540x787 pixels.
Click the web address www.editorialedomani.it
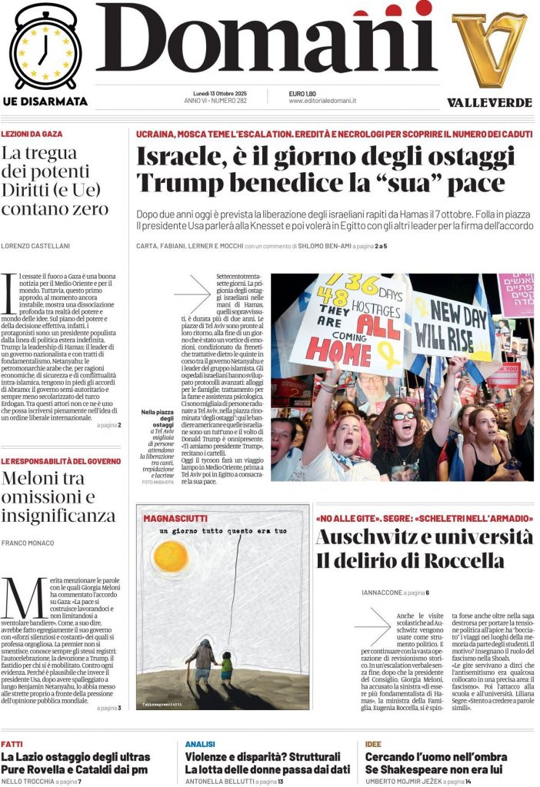pyautogui.click(x=322, y=101)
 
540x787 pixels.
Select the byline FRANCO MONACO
pyautogui.click(x=28, y=543)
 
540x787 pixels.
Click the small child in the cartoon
pyautogui.click(x=226, y=666)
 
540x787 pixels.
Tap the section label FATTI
pyautogui.click(x=12, y=744)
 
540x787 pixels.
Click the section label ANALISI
pyautogui.click(x=200, y=744)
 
